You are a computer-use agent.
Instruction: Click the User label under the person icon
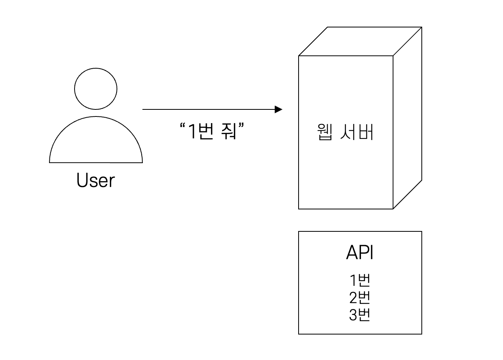click(x=96, y=181)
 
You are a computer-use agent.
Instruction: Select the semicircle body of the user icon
click(x=96, y=143)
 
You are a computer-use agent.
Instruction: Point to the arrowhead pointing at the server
click(x=279, y=109)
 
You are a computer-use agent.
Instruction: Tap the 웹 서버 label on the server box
click(x=345, y=133)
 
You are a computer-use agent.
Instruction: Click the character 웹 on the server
click(x=325, y=133)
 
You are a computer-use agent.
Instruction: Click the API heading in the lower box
click(x=359, y=253)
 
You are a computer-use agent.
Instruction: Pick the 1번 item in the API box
click(x=359, y=281)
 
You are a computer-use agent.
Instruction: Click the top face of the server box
click(x=360, y=42)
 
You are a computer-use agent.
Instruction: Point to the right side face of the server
click(x=407, y=118)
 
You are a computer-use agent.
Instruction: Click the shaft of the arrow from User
click(x=208, y=109)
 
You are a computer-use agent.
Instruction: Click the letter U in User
click(x=81, y=181)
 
